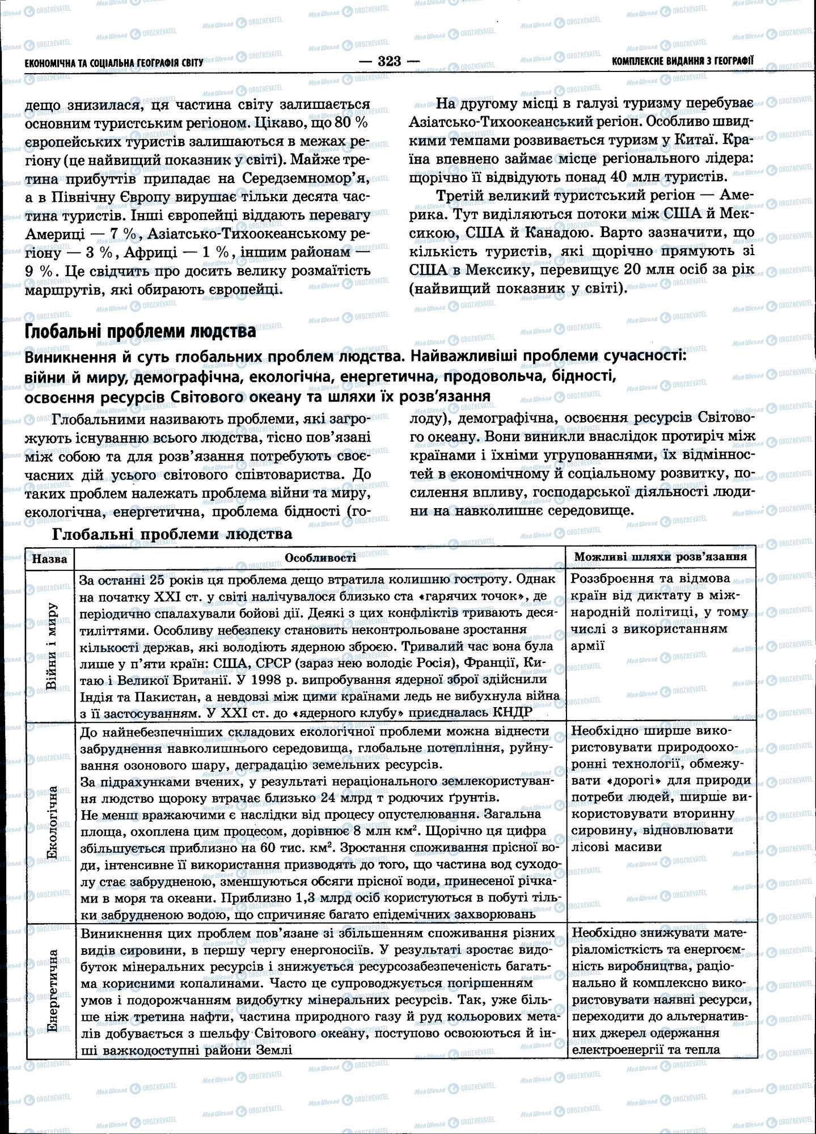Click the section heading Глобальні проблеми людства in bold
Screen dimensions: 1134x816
tap(140, 332)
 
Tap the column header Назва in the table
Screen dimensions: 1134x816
tap(50, 559)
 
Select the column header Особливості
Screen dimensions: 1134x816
tap(320, 558)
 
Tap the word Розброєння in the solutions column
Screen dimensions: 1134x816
tap(611, 579)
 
